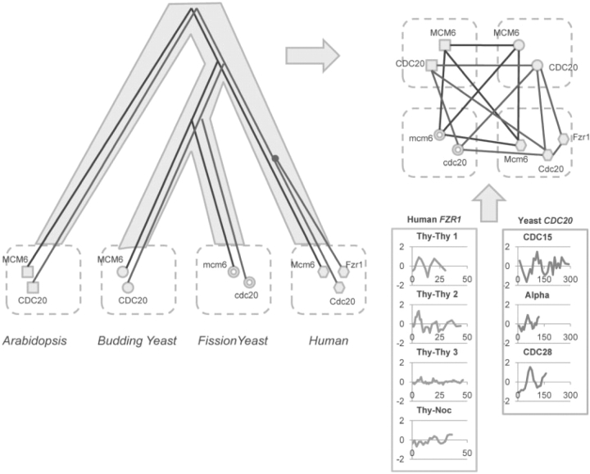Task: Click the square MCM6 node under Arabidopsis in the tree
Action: coord(27,271)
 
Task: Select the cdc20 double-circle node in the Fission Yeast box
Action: coord(250,283)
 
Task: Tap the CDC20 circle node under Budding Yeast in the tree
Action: coord(128,287)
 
